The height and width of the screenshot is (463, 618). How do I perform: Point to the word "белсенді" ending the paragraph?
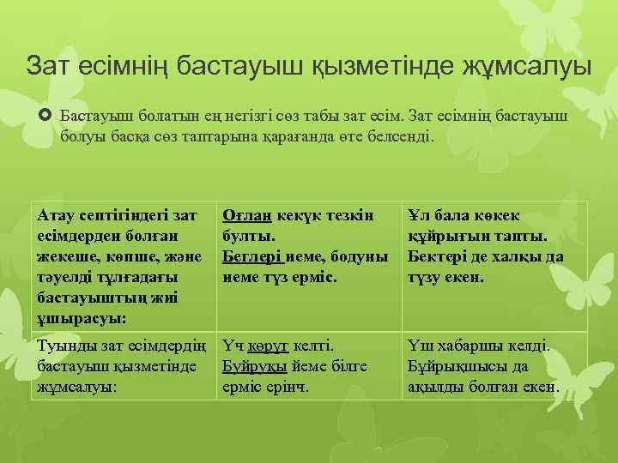point(400,135)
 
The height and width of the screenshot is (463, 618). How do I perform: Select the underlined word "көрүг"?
point(264,347)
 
